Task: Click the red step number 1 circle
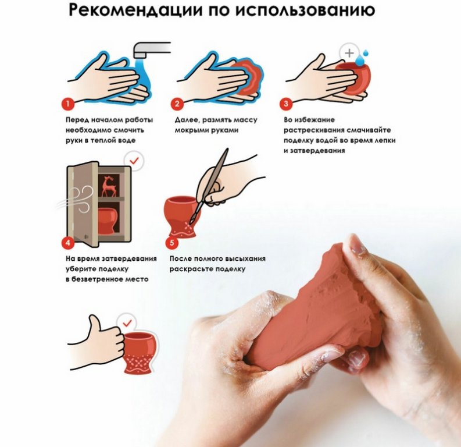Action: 68,104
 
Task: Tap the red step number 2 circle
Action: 177,104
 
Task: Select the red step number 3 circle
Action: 286,104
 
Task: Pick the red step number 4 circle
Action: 68,243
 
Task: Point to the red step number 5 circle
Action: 172,243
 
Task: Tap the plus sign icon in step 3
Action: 349,54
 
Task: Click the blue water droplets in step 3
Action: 362,58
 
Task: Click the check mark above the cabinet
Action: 134,161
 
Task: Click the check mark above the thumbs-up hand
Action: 127,324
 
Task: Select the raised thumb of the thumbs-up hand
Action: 94,323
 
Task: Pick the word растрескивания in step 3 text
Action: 314,130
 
